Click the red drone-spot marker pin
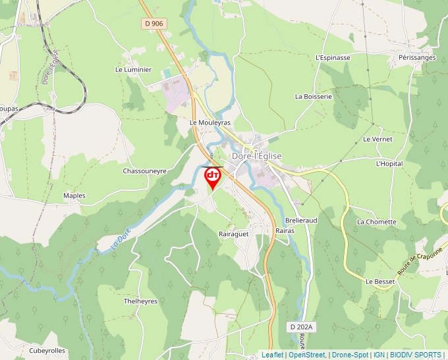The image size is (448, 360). pyautogui.click(x=213, y=176)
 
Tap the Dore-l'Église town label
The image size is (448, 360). pyautogui.click(x=256, y=156)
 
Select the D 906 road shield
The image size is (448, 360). pyautogui.click(x=152, y=24)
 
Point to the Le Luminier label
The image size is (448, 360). pyautogui.click(x=133, y=69)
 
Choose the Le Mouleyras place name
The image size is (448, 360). pyautogui.click(x=210, y=122)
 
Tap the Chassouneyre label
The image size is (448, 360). pyautogui.click(x=145, y=170)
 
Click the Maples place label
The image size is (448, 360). pyautogui.click(x=74, y=195)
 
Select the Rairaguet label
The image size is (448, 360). pyautogui.click(x=233, y=234)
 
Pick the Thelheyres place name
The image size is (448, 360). pyautogui.click(x=140, y=301)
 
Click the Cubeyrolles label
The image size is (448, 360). pyautogui.click(x=47, y=351)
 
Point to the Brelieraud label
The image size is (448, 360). pyautogui.click(x=301, y=220)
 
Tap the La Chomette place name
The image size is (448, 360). pyautogui.click(x=377, y=222)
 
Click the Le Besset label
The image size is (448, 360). pyautogui.click(x=379, y=281)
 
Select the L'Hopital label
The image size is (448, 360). pyautogui.click(x=389, y=163)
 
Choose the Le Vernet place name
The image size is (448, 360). pyautogui.click(x=378, y=140)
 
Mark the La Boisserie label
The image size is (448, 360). pyautogui.click(x=314, y=96)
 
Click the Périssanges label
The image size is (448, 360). pyautogui.click(x=417, y=58)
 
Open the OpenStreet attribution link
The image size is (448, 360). pyautogui.click(x=306, y=355)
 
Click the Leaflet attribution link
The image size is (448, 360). pyautogui.click(x=272, y=355)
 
